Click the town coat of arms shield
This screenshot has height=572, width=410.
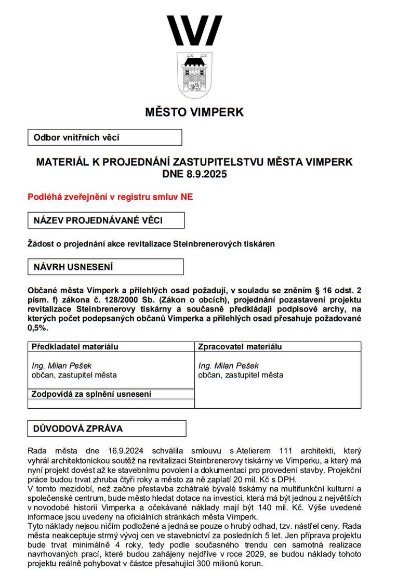point(194,75)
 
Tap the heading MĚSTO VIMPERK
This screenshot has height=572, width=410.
point(194,112)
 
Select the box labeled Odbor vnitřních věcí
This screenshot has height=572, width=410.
point(104,137)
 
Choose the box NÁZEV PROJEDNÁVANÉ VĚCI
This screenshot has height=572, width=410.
point(105,220)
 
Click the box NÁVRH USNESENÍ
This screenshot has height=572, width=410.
point(105,267)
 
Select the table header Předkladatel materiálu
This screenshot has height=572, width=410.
point(75,347)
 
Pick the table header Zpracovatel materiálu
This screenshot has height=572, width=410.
point(240,347)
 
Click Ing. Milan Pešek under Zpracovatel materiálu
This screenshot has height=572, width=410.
point(229,366)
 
